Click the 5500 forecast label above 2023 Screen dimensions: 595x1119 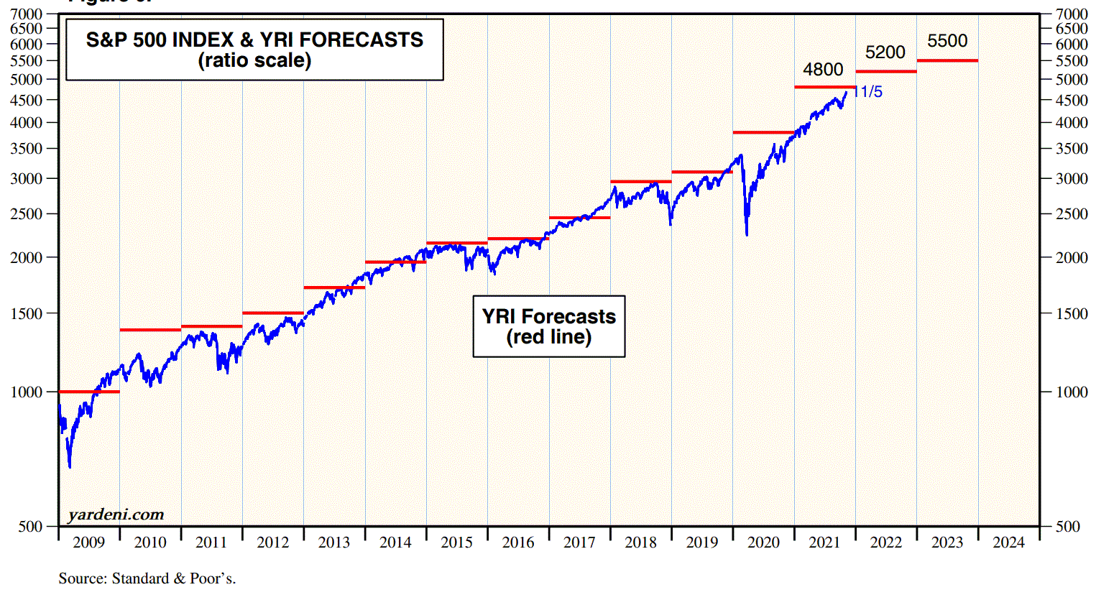(947, 41)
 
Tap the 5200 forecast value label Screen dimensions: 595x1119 (885, 52)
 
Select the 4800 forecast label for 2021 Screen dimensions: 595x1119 (823, 70)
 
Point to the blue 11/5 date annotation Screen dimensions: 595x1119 (868, 92)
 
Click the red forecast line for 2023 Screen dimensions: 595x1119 (947, 60)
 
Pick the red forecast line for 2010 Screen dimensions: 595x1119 (150, 330)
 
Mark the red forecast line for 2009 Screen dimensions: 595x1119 (89, 392)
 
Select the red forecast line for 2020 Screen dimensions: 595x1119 (763, 132)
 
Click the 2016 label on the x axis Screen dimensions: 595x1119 (518, 543)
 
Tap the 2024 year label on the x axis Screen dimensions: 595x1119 (1008, 543)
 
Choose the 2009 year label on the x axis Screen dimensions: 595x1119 (89, 543)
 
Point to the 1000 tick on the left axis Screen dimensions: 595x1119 (27, 392)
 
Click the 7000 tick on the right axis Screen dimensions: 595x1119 (1072, 14)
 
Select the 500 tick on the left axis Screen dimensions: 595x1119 (31, 527)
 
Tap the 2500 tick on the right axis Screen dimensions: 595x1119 (1072, 214)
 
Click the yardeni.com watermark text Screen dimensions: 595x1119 (116, 515)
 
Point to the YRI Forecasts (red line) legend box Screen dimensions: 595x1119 (549, 326)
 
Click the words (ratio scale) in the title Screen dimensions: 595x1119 (254, 60)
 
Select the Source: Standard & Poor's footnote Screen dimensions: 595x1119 (147, 578)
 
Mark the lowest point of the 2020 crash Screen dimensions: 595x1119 (747, 234)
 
